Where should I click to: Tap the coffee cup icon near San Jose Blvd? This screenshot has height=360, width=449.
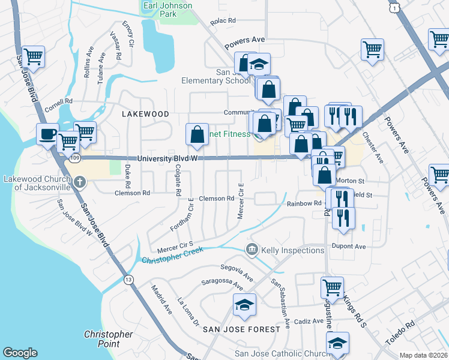(47, 134)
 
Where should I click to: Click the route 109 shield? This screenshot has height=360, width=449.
(74, 158)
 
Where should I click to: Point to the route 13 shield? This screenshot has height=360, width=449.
(128, 280)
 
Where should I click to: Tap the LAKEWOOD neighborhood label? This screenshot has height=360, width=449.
(145, 113)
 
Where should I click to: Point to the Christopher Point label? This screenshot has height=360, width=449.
(108, 339)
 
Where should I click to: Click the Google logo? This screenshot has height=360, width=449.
(20, 353)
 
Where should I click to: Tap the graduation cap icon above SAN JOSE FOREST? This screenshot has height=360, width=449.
(244, 305)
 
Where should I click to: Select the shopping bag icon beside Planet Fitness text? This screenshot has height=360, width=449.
(197, 135)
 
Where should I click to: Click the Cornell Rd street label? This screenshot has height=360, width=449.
(58, 101)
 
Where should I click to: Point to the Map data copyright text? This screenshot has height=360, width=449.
(423, 355)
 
